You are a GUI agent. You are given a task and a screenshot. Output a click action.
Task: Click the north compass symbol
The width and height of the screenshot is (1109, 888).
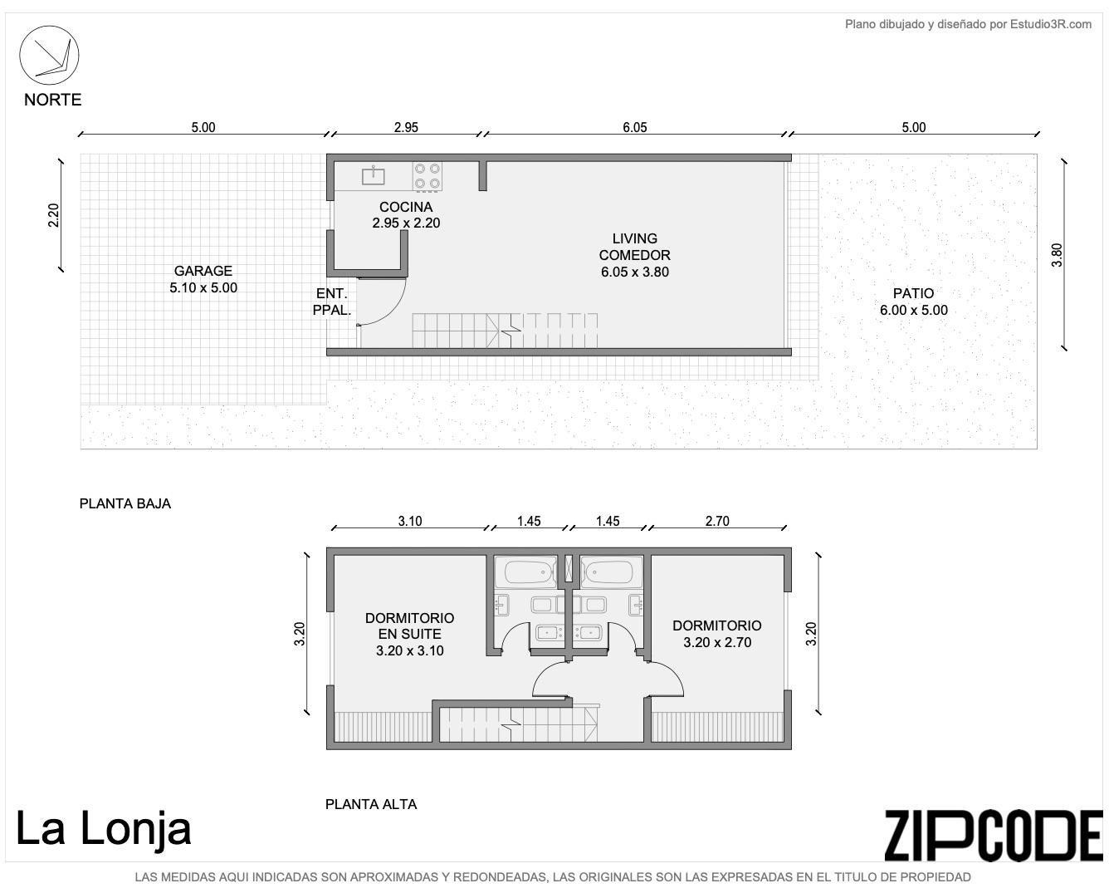coord(49,55)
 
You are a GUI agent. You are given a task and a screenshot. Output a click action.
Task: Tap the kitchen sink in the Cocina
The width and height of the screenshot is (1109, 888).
coord(373,176)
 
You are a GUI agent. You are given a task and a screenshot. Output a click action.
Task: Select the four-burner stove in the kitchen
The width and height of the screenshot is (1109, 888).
coord(427,176)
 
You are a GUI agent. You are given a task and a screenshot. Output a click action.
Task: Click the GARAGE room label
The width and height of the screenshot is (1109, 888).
coord(203,279)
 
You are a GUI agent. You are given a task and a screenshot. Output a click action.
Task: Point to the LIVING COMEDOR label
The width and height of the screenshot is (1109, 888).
coord(634,255)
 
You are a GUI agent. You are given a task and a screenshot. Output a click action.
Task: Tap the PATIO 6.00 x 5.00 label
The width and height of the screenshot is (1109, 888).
coord(913,302)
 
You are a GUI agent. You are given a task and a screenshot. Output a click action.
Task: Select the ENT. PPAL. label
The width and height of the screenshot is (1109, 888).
coord(332,302)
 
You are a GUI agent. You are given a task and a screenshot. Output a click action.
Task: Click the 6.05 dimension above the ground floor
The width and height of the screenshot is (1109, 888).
coord(634,127)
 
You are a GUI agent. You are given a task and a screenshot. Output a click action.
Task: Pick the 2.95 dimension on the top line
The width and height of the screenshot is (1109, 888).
coord(406,127)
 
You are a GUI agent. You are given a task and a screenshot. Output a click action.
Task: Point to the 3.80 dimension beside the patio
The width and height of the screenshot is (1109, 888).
coord(1057,255)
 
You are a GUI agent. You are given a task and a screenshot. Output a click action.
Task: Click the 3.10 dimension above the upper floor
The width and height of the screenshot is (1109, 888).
coord(410,521)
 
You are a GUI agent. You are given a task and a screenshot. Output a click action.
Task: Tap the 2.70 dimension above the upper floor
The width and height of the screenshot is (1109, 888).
coord(717,521)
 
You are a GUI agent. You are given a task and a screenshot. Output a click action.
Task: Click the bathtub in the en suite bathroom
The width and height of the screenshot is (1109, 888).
coord(525,572)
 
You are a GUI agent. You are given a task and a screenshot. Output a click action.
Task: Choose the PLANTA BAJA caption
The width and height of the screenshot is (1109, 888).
coord(125,503)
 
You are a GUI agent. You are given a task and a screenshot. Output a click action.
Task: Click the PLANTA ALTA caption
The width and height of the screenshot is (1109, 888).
coord(371,804)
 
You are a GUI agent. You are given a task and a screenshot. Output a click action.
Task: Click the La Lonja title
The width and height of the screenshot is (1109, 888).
coord(104,829)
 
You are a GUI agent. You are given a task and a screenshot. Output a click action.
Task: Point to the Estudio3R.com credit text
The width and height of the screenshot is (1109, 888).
coord(968,24)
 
